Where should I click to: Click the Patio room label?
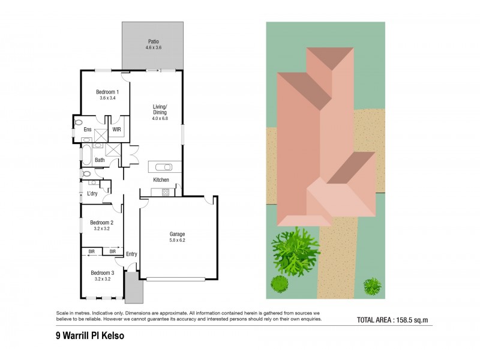154,41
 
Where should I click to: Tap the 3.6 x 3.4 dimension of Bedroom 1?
107,98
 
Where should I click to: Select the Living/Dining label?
160,110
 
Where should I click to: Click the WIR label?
116,130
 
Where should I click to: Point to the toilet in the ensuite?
79,122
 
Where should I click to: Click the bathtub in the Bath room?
85,155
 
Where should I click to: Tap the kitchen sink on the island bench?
164,167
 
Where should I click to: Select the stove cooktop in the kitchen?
166,193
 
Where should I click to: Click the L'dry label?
92,193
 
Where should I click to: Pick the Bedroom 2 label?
101,223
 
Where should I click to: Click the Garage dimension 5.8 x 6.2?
177,241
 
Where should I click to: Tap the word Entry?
131,254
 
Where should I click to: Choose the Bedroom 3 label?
102,273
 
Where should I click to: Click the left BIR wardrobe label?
92,251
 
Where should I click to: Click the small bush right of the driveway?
373,286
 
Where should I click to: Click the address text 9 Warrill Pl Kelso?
90,336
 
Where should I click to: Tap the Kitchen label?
161,179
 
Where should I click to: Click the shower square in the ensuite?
101,136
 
